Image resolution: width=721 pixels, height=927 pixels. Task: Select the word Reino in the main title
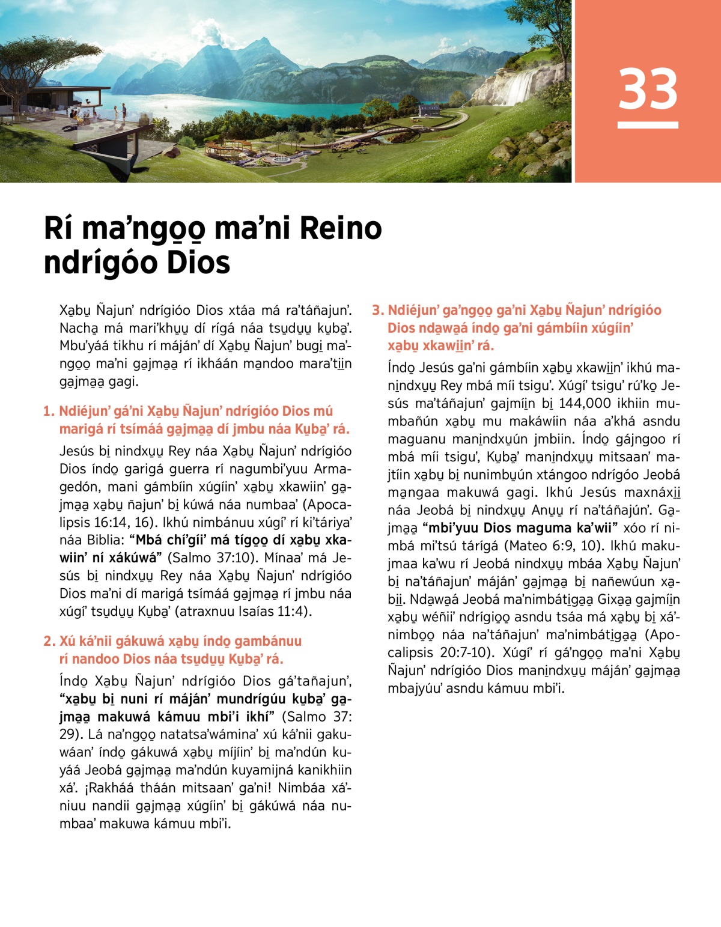pos(340,228)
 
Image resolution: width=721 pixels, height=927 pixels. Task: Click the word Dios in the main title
pos(198,263)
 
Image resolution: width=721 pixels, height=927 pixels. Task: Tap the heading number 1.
pos(49,412)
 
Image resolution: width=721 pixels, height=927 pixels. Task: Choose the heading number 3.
pos(377,311)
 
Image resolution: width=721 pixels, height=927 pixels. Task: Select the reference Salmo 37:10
pos(213,558)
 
